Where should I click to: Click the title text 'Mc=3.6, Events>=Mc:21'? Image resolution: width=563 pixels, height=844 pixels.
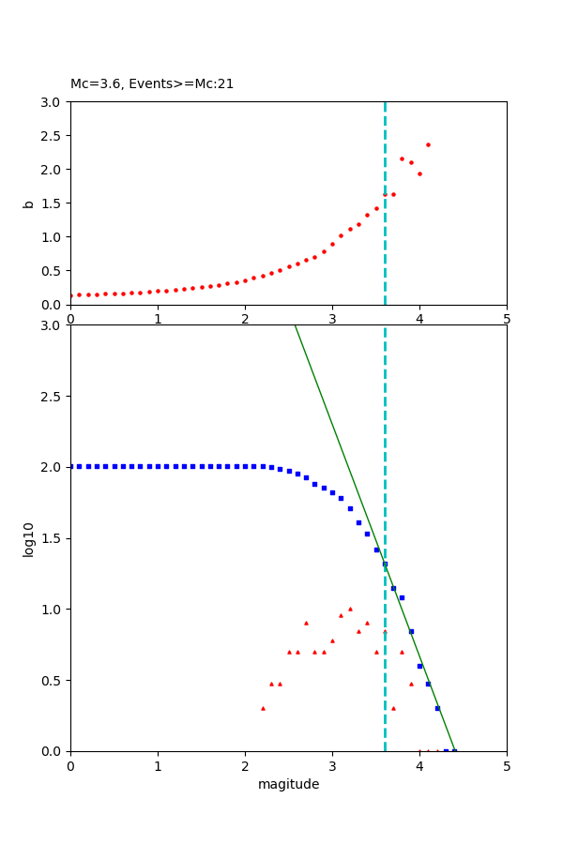pos(152,84)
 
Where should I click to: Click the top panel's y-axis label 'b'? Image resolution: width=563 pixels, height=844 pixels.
pos(29,203)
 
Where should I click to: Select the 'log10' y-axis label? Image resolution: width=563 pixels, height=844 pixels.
pos(29,539)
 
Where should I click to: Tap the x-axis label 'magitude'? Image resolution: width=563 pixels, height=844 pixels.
pos(288,785)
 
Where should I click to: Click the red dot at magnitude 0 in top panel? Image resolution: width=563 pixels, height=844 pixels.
pos(71,295)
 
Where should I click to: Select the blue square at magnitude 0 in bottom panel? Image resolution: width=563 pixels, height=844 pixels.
pos(71,466)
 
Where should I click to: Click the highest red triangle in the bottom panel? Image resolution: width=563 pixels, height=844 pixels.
pos(350,609)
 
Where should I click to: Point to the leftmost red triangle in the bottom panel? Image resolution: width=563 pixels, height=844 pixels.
pos(263,708)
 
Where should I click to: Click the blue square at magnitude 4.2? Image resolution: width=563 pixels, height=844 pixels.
pos(437,708)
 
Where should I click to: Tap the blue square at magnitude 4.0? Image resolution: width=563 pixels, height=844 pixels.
pos(419,666)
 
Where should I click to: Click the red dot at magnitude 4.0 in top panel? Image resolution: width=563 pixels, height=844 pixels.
pos(419,173)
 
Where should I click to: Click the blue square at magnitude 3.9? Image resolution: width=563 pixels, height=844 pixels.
pos(411,631)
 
